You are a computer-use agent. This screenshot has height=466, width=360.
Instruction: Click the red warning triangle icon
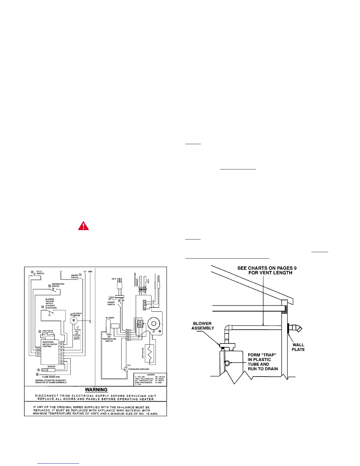pyautogui.click(x=84, y=226)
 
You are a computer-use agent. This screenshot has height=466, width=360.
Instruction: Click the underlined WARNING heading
pyautogui.click(x=96, y=390)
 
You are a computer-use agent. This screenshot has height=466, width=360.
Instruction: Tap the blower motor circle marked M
pyautogui.click(x=74, y=320)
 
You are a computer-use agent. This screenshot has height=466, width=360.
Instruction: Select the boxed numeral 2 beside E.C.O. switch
pyautogui.click(x=32, y=272)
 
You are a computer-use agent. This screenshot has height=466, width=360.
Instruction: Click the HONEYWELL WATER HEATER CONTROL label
pyautogui.click(x=49, y=344)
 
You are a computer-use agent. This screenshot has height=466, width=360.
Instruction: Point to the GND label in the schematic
pyautogui.click(x=90, y=271)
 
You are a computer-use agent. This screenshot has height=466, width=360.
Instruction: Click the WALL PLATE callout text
pyautogui.click(x=298, y=347)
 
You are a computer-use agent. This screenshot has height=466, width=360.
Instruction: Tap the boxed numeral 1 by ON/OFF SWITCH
pyautogui.click(x=80, y=274)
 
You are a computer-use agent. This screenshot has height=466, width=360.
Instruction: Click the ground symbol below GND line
pyautogui.click(x=90, y=322)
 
